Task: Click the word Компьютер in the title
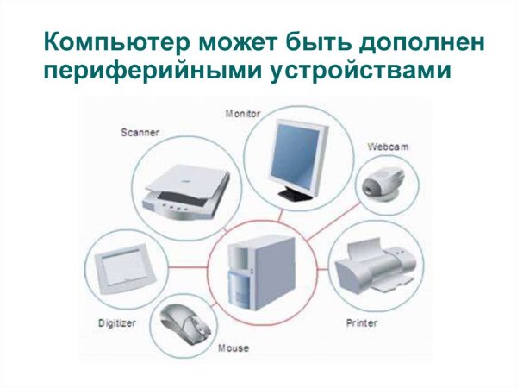(x=104, y=41)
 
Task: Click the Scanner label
(x=140, y=133)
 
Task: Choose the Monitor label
(x=244, y=113)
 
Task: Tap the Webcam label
(x=387, y=147)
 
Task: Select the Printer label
(x=362, y=323)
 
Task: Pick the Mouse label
(x=233, y=348)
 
